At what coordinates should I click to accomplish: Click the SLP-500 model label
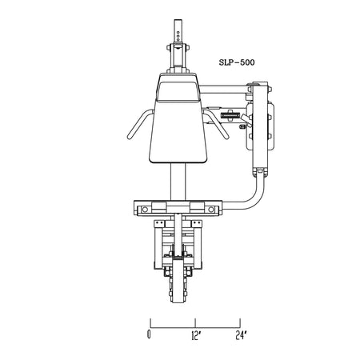tap(237, 62)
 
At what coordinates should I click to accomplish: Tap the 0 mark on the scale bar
tap(149, 334)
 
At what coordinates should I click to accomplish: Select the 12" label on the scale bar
tap(196, 336)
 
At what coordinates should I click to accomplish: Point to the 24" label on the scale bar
tap(242, 335)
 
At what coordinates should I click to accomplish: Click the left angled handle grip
tap(139, 124)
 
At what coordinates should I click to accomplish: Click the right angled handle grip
tap(217, 124)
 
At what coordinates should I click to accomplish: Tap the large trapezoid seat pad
tap(178, 130)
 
